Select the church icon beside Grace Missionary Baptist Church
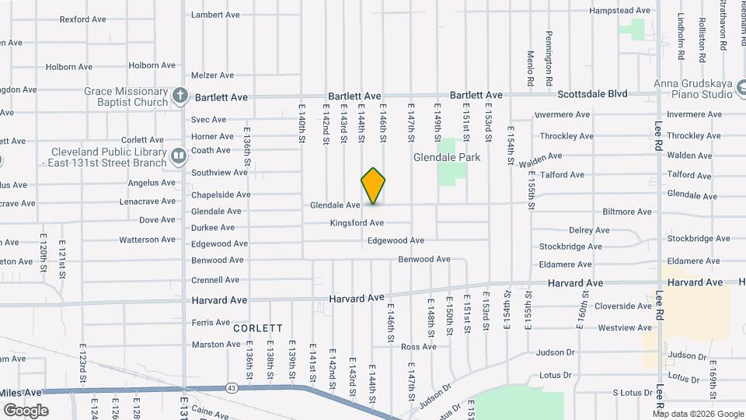point(180,96)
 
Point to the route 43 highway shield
point(232,387)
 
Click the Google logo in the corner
point(26,411)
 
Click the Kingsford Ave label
point(357,223)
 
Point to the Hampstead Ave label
point(619,11)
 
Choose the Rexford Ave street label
point(83,19)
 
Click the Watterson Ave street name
point(148,240)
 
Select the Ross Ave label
point(419,347)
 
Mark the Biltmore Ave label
point(626,212)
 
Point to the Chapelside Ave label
point(221,194)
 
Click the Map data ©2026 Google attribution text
point(697,413)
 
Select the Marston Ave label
point(211,345)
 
